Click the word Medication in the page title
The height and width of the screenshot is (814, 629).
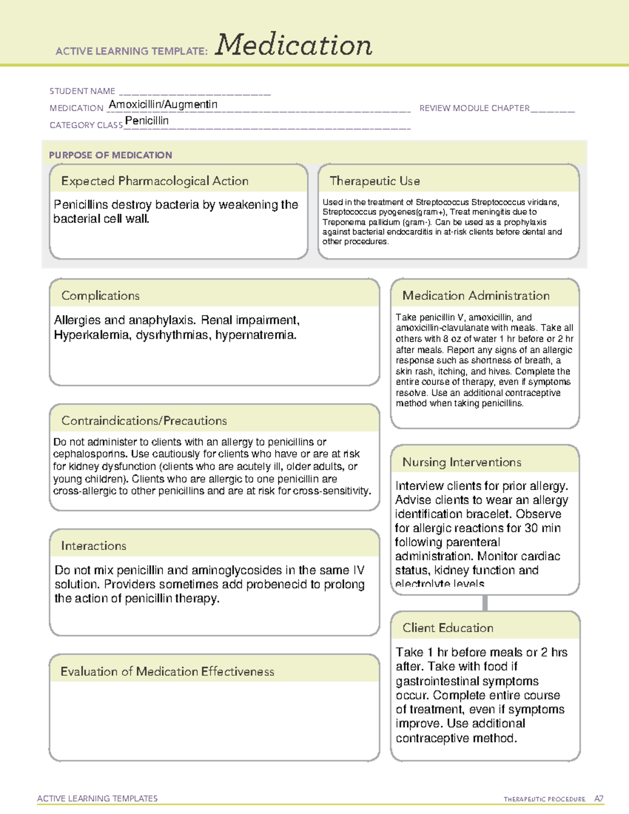click(x=294, y=45)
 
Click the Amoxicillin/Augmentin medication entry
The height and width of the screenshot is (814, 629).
click(x=163, y=104)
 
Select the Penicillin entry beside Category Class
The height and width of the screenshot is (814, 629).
click(x=147, y=121)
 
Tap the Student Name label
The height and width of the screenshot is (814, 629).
click(x=82, y=91)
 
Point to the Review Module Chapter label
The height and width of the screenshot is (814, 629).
click(x=474, y=108)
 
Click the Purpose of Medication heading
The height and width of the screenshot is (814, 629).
click(x=111, y=155)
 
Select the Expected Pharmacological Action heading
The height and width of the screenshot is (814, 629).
click(x=155, y=181)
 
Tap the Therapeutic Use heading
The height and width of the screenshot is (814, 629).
click(x=375, y=181)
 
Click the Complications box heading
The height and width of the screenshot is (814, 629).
click(x=101, y=296)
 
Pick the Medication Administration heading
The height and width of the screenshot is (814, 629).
click(x=476, y=296)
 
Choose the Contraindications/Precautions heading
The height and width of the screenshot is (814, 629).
click(x=144, y=420)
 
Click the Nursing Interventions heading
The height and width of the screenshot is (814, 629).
click(x=462, y=462)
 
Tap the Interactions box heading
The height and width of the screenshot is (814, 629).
click(x=94, y=546)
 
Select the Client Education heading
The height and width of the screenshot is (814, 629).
click(x=448, y=627)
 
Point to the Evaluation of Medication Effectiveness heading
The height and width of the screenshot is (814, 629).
click(x=167, y=671)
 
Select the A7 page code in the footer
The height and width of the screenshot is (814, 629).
click(x=599, y=799)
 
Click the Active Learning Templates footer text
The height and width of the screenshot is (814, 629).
click(x=97, y=798)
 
